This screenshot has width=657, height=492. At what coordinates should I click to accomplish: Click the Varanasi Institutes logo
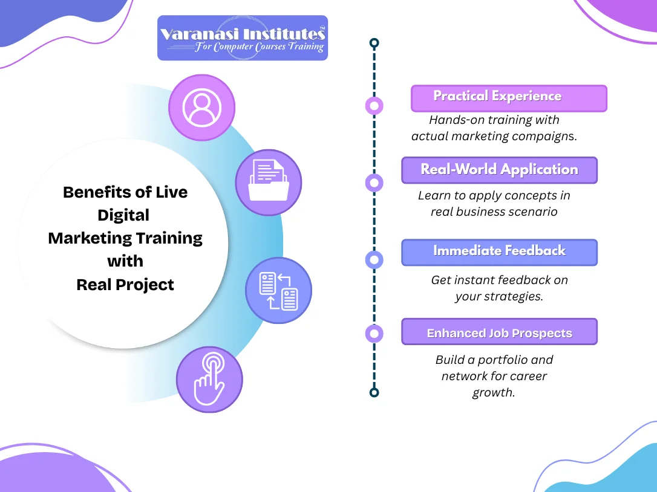[x=243, y=38]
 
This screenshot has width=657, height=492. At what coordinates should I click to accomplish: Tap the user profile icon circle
[x=201, y=108]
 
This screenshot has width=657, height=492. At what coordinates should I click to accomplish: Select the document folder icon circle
[x=268, y=183]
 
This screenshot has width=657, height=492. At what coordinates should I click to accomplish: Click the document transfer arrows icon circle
[x=278, y=290]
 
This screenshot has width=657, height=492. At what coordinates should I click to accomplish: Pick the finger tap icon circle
[x=209, y=380]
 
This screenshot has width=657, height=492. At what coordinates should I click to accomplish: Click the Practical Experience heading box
[x=508, y=98]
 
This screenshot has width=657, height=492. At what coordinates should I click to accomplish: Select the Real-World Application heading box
[x=499, y=170]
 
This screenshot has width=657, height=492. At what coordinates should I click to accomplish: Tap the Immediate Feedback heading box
[x=499, y=252]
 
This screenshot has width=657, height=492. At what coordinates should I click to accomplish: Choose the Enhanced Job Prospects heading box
[x=499, y=332]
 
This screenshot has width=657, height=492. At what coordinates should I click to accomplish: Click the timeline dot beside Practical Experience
[x=374, y=106]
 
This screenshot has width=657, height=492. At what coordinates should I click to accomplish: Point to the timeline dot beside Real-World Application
[x=374, y=183]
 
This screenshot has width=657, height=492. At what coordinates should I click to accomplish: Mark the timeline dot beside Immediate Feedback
[x=374, y=260]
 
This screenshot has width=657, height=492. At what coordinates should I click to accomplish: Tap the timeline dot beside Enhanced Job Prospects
[x=374, y=333]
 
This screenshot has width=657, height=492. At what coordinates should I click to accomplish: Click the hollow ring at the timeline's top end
[x=374, y=43]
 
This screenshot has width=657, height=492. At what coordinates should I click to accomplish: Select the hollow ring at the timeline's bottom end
[x=374, y=392]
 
